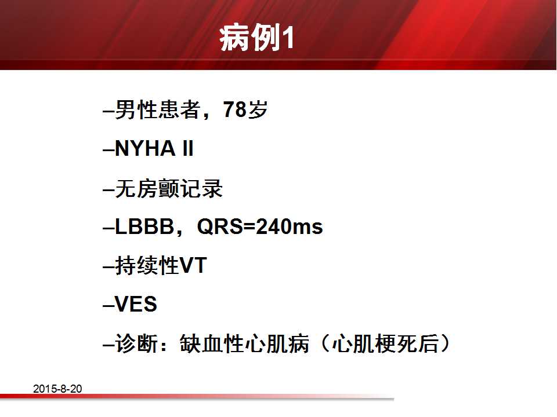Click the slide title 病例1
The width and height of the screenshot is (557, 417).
click(256, 38)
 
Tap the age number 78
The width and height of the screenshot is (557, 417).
click(235, 109)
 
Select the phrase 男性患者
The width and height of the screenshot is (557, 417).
click(157, 109)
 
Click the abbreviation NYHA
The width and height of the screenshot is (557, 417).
click(145, 148)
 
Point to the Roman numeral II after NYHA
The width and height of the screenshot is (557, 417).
click(188, 148)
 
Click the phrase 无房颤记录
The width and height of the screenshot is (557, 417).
click(169, 188)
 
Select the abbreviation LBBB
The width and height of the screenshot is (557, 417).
click(144, 226)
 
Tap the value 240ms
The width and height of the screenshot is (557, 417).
click(289, 226)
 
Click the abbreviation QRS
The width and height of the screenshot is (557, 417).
click(219, 226)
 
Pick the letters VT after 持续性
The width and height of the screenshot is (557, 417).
click(193, 265)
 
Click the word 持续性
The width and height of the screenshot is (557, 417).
click(147, 265)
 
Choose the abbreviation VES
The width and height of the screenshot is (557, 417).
click(136, 304)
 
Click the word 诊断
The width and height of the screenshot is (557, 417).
click(136, 343)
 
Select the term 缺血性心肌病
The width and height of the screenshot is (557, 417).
click(244, 343)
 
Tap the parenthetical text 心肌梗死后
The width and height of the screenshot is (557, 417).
click(385, 343)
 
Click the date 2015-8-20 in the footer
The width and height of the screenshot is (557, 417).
click(57, 389)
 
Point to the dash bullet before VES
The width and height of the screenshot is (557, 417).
click(108, 306)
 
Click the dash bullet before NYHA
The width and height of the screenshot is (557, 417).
click(108, 150)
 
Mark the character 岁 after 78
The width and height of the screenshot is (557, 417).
click(258, 109)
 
